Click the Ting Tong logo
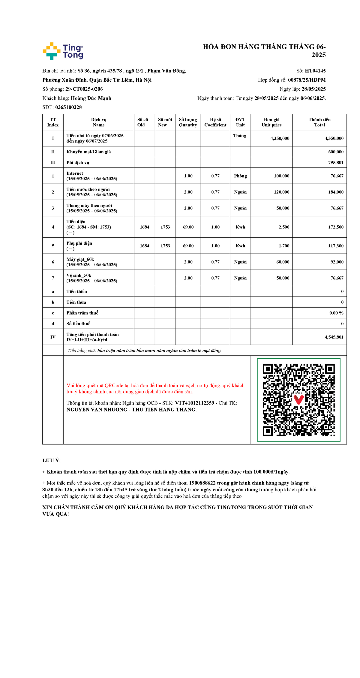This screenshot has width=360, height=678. pyautogui.click(x=63, y=51)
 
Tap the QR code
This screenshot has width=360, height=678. pyautogui.click(x=298, y=400)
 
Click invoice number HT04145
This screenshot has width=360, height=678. pyautogui.click(x=315, y=71)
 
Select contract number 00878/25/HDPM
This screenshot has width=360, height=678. pyautogui.click(x=307, y=80)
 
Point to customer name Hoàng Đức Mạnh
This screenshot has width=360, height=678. pyautogui.click(x=91, y=98)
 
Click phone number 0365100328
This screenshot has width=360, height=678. pyautogui.click(x=68, y=107)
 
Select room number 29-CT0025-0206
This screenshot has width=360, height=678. pyautogui.click(x=84, y=89)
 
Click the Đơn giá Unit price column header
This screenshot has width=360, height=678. pyautogui.click(x=271, y=122)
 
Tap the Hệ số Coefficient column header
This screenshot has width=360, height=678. pyautogui.click(x=215, y=122)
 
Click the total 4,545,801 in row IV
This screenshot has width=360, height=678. pyautogui.click(x=334, y=337)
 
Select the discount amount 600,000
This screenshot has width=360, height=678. pyautogui.click(x=336, y=152)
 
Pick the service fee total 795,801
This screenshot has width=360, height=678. pyautogui.click(x=336, y=163)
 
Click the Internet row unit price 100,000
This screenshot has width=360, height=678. pyautogui.click(x=281, y=176)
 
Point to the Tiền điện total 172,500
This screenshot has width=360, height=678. pyautogui.click(x=336, y=227)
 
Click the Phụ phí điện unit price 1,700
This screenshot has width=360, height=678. pyautogui.click(x=284, y=246)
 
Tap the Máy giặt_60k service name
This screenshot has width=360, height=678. pyautogui.click(x=80, y=259)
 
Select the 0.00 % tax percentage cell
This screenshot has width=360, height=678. pyautogui.click(x=336, y=313)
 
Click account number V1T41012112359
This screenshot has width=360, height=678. pyautogui.click(x=194, y=403)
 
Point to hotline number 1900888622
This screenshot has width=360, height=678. pyautogui.click(x=202, y=483)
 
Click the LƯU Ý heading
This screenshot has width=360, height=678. pyautogui.click(x=51, y=460)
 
